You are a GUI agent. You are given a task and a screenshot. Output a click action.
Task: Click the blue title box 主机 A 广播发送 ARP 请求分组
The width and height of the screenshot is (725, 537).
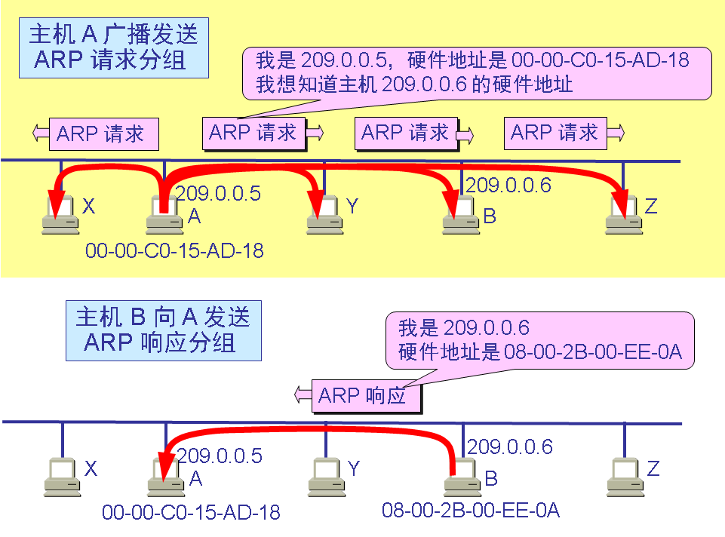coord(113,47)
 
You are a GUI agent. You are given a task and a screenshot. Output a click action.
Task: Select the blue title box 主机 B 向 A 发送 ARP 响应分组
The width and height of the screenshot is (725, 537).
coord(162,330)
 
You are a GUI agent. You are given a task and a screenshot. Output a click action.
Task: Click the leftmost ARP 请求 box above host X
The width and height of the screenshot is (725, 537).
coord(104,134)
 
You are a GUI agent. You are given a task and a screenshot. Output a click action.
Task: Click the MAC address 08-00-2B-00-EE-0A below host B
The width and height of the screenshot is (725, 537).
coord(471,511)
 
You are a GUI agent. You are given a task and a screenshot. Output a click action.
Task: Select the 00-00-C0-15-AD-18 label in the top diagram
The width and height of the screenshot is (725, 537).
coord(174,250)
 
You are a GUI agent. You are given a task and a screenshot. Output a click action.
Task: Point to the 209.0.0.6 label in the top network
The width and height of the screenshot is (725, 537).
coord(508,185)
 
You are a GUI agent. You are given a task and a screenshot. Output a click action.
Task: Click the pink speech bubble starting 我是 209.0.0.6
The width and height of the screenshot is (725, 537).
coord(539,341)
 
